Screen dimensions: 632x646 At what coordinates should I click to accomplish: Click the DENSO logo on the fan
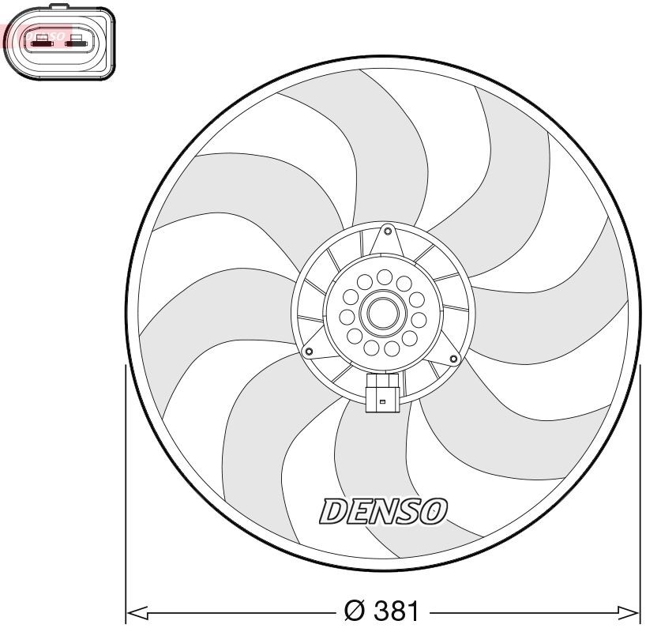pos(382,512)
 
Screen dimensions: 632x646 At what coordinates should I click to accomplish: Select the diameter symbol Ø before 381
pos(355,612)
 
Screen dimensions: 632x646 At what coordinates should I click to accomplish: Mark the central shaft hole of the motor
pos(383,314)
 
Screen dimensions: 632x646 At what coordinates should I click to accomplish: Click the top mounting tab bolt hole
pos(386,231)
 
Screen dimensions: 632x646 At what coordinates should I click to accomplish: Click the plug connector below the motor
pos(382,393)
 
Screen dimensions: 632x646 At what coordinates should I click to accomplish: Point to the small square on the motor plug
pos(382,403)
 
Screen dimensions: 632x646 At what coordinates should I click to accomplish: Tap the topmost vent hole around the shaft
pos(385,276)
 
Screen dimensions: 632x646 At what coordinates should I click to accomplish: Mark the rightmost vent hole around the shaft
pos(419,319)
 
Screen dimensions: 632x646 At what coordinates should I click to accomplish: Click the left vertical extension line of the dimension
pos(126,490)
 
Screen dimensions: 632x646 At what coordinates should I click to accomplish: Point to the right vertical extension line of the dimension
pos(639,490)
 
